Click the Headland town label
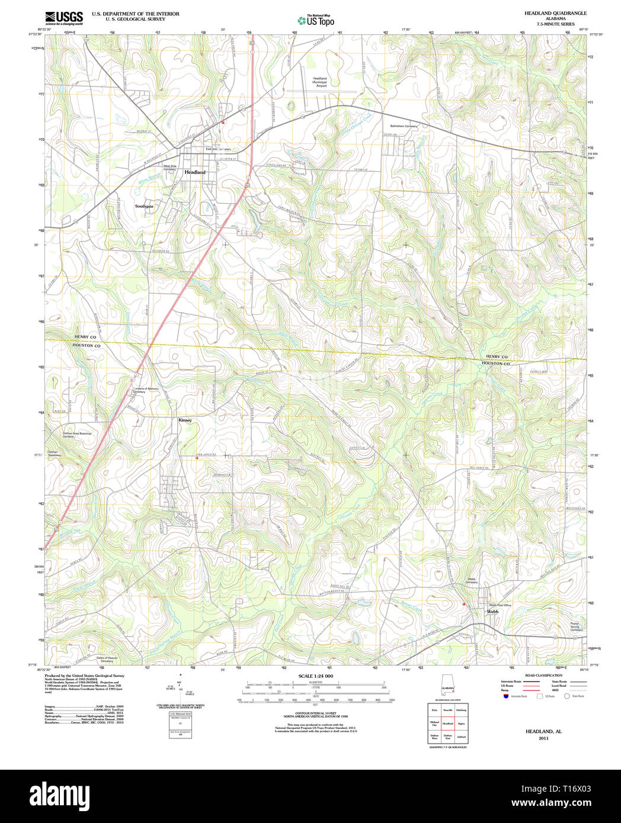(194, 172)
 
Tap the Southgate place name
(144, 206)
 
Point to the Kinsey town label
(185, 420)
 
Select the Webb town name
(492, 612)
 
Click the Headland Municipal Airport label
(320, 82)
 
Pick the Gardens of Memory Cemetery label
(146, 390)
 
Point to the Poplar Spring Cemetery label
(576, 626)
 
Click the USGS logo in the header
(64, 17)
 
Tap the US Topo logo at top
(316, 21)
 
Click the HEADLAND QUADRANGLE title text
(547, 13)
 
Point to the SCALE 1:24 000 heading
(315, 676)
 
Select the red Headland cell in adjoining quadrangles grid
(447, 724)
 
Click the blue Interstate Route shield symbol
(505, 696)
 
